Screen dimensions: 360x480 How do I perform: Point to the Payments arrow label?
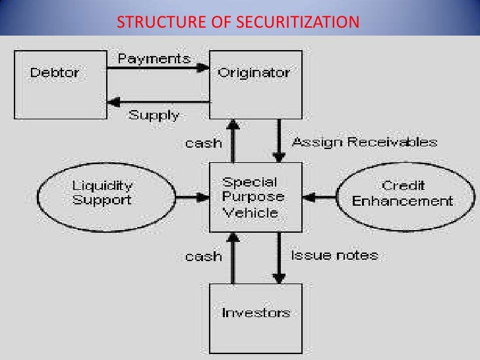[154, 59]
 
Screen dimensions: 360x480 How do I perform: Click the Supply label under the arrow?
[153, 115]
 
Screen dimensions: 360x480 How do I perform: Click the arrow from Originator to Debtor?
[158, 103]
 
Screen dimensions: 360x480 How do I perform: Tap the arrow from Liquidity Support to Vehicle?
[191, 196]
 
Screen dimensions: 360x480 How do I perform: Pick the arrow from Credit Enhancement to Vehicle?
[320, 196]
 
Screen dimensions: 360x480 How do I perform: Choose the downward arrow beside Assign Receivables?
[279, 142]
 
